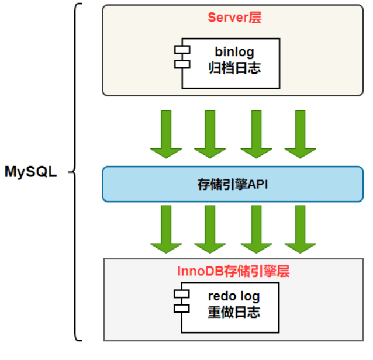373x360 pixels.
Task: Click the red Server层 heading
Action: tap(234, 18)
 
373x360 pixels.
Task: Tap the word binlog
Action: tap(234, 52)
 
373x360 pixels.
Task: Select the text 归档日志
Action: tap(234, 68)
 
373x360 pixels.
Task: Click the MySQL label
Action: tap(30, 172)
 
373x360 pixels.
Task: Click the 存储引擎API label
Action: tap(233, 184)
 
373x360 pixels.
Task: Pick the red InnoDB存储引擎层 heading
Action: tap(233, 271)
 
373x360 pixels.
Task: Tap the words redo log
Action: tap(234, 296)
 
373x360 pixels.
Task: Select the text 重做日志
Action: tap(234, 312)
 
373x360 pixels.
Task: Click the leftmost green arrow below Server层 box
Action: tap(166, 134)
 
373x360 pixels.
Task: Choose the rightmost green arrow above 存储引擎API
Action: tap(300, 134)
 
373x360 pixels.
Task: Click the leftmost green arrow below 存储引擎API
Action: tap(166, 230)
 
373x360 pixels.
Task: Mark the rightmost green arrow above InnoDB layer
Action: tap(300, 230)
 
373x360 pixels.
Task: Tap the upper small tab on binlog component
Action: tap(182, 50)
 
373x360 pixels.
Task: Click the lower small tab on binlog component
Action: tap(182, 64)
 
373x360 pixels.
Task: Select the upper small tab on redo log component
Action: tap(182, 294)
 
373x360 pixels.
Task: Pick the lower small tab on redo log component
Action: tap(182, 309)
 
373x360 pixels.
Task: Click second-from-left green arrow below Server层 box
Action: tap(210, 134)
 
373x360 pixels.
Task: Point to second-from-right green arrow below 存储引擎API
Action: tap(257, 230)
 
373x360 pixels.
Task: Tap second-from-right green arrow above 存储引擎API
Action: tap(257, 134)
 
